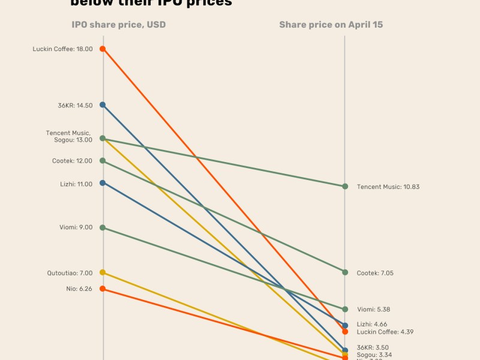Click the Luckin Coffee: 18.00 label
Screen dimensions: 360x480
click(62, 49)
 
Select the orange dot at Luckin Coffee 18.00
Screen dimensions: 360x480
click(103, 49)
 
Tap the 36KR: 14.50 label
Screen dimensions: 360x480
click(75, 106)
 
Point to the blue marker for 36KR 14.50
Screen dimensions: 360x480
click(103, 105)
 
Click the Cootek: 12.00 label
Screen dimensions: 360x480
click(72, 161)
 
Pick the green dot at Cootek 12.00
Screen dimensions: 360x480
click(103, 161)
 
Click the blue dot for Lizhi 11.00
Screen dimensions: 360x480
click(103, 183)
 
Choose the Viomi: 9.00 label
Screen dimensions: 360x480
click(76, 227)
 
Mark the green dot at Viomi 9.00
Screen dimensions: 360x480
click(103, 228)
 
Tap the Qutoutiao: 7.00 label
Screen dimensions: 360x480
click(70, 273)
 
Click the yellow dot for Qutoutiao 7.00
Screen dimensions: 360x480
click(103, 272)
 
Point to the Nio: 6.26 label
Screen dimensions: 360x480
click(79, 289)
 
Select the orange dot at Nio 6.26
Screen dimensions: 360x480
click(103, 289)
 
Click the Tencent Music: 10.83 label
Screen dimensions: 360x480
click(388, 187)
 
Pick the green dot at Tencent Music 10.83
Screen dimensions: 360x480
click(345, 186)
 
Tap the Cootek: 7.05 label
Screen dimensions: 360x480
click(376, 273)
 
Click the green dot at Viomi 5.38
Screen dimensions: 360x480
click(345, 310)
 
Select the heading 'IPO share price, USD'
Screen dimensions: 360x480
click(119, 25)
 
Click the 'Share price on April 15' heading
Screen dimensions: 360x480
click(331, 25)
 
